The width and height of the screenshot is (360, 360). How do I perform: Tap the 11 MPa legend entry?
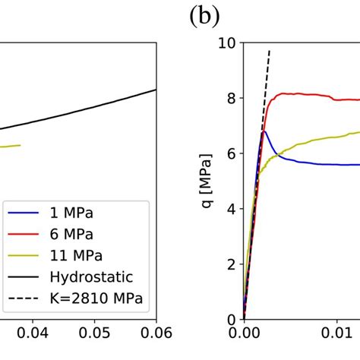(73, 255)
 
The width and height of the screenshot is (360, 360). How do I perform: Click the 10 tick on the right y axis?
(226, 43)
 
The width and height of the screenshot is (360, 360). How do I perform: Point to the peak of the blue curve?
(264, 131)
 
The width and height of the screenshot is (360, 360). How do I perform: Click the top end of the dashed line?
(270, 50)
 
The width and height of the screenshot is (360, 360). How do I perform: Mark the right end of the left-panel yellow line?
(21, 145)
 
